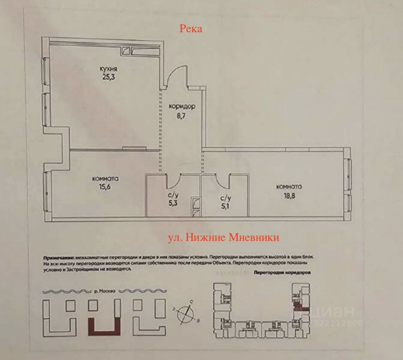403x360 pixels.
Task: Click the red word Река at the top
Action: coord(191,29)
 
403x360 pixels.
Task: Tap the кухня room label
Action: coord(108,69)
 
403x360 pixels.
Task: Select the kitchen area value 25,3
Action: coord(108,77)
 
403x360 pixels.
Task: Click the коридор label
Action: coord(182,106)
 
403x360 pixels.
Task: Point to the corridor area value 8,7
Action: coord(181,115)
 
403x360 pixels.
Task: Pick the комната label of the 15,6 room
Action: coord(105,178)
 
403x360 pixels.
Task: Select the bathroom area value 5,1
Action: coord(225,206)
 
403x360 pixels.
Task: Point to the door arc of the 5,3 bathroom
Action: coord(173,181)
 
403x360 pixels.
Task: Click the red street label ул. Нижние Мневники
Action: coord(223,237)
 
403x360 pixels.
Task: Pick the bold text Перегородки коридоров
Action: coord(282,272)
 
